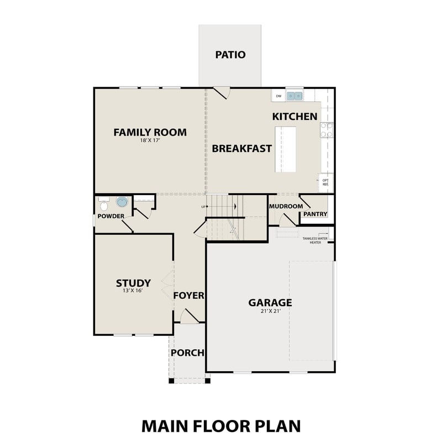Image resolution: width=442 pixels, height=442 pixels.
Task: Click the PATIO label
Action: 230,55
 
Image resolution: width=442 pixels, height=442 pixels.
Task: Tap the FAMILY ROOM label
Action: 150,132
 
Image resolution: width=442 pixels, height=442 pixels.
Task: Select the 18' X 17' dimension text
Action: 150,141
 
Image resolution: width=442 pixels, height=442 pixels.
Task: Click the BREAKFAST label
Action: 241,148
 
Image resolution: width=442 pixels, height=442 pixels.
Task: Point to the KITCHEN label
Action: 294,116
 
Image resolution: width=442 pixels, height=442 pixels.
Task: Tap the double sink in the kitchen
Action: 294,96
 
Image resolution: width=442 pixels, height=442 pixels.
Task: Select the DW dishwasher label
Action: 278,96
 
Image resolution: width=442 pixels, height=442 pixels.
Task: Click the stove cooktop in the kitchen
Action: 327,130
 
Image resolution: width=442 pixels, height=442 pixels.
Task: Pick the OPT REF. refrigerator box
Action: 325,182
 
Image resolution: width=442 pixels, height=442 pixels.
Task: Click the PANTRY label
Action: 315,214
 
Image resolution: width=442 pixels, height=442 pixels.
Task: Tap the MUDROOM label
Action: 286,206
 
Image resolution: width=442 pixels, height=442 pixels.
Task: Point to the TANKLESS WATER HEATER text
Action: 314,240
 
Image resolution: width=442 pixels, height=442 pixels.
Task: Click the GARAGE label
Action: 270,302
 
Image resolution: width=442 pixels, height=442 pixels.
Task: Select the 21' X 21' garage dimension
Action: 270,312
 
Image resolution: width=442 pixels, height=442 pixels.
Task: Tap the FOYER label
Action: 188,296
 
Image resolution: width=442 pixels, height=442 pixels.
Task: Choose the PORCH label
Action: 187,352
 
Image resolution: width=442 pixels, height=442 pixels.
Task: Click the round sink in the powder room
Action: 122,202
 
